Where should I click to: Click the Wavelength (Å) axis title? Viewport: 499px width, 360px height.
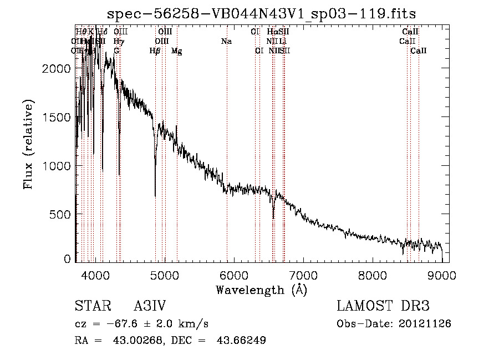(261, 290)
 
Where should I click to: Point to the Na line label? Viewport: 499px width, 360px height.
(226, 41)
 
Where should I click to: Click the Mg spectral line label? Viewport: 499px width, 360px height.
(176, 51)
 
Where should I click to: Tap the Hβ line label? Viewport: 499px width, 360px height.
(155, 51)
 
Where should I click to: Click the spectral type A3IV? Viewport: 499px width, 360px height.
(150, 307)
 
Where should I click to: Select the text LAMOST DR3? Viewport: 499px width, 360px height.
(383, 307)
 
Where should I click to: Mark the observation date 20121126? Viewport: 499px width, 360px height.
(427, 323)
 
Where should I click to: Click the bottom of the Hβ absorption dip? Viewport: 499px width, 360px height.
(155, 196)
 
